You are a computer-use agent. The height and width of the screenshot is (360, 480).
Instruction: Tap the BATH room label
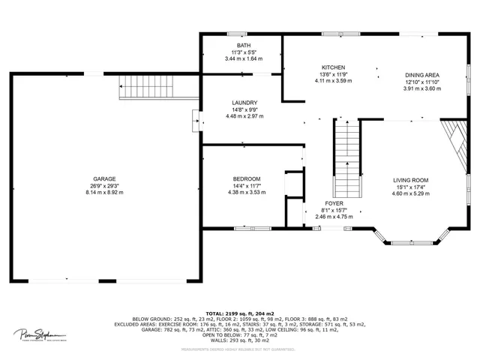(244, 46)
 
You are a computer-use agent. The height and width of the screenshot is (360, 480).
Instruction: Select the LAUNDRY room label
(244, 103)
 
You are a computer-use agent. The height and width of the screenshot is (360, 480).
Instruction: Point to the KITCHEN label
(333, 67)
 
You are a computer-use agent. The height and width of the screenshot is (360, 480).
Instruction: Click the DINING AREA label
(422, 75)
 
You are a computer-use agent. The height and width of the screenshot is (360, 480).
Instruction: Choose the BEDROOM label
(247, 178)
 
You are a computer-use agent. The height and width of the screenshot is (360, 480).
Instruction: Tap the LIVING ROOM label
(410, 180)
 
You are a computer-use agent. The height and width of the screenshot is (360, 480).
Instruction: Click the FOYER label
(334, 203)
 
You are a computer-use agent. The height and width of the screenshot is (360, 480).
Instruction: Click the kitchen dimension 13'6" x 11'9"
(333, 74)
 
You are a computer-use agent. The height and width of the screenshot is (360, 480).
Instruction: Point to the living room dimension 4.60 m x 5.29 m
(410, 193)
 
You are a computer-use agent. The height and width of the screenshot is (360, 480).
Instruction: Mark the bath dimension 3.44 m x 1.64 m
(244, 58)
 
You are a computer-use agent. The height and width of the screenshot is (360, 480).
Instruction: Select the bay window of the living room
(411, 238)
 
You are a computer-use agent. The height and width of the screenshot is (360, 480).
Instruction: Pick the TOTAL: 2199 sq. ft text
(240, 313)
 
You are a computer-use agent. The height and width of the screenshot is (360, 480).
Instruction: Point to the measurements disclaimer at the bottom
(240, 349)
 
